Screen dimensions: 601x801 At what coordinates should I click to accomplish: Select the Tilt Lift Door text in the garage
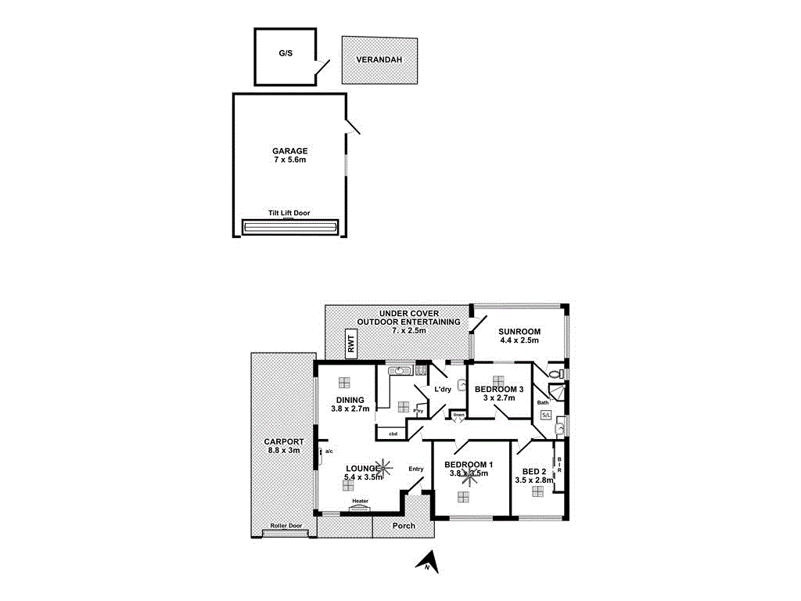(289, 212)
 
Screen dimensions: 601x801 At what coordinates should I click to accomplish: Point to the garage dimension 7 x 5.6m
(289, 160)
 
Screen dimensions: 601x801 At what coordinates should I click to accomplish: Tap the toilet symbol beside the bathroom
(555, 375)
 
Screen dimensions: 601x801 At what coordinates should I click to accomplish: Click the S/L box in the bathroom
(546, 415)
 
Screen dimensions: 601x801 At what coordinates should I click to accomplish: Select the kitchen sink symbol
(402, 370)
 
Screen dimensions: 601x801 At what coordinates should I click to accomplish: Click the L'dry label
(444, 390)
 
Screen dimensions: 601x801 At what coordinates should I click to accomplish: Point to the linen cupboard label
(458, 414)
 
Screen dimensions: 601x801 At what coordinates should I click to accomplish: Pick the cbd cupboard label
(393, 433)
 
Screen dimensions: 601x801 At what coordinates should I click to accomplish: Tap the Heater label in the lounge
(360, 501)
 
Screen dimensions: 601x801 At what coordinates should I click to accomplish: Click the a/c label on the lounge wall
(329, 452)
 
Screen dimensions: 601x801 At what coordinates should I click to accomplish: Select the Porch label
(404, 525)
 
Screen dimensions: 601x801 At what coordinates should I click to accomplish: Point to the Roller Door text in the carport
(286, 526)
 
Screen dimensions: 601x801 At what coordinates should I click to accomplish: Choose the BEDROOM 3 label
(499, 389)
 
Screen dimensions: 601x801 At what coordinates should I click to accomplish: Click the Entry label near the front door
(415, 469)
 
